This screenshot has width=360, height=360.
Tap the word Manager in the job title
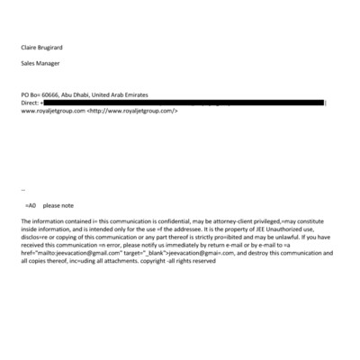click(49, 64)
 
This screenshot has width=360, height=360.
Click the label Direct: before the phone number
click(30, 103)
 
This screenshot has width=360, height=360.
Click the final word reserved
click(204, 260)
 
